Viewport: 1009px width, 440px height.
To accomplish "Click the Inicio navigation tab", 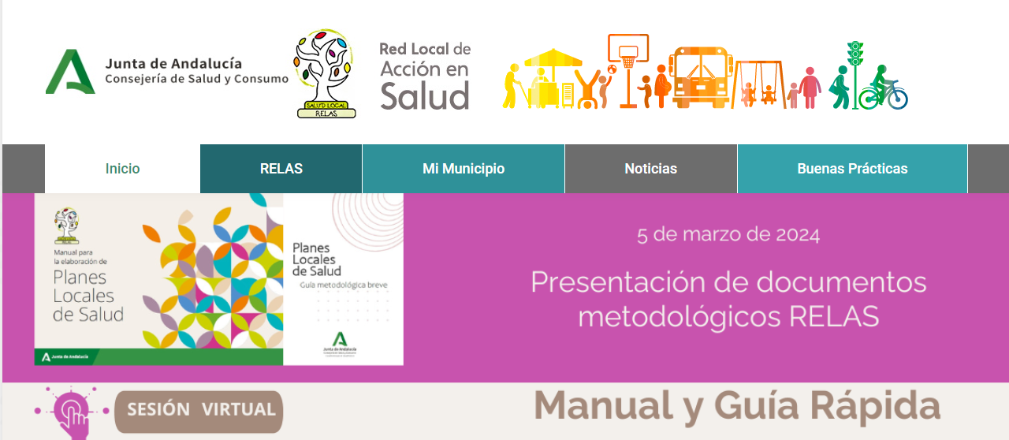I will point(122,169).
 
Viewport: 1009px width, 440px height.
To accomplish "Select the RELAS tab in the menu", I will point(281,169).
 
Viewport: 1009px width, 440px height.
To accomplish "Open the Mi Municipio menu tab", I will point(464,169).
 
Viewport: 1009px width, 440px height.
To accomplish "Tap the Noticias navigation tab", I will point(650,169).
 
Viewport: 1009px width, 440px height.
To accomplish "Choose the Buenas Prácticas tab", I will point(852,169).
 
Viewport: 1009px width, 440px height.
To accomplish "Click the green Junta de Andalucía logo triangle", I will point(69,73).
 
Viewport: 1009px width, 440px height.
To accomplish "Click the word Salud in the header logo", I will point(424,96).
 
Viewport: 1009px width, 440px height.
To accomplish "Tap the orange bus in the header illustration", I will point(700,75).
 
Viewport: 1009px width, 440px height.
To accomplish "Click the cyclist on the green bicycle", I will point(884,90).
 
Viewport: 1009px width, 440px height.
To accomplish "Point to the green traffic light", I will point(854,55).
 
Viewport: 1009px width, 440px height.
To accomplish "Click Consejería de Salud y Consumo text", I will point(196,79).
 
